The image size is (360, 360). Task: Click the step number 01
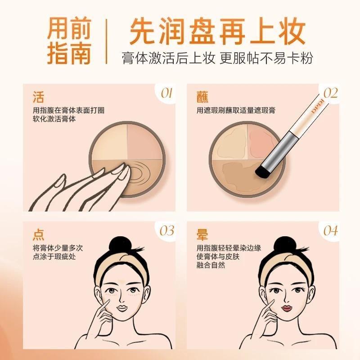(166, 94)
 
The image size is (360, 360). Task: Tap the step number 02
(331, 94)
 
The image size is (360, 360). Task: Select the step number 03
(167, 231)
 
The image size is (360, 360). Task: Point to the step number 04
(331, 231)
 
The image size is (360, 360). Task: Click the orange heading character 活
(38, 97)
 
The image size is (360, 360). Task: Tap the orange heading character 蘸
(202, 97)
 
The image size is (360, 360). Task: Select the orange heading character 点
(38, 234)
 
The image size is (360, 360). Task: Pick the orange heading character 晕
(202, 234)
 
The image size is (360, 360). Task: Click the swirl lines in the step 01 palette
(139, 172)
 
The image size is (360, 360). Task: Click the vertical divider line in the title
(107, 41)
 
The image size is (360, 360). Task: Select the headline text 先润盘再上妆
(217, 31)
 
